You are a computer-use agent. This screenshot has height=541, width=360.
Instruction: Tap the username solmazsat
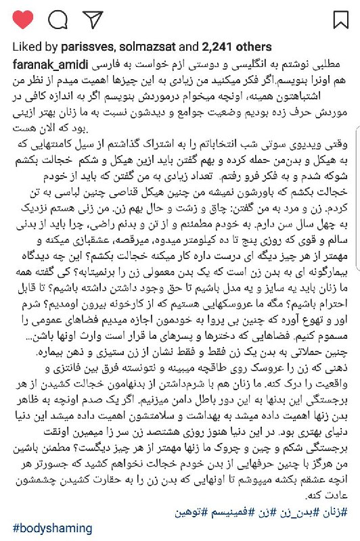tap(146, 47)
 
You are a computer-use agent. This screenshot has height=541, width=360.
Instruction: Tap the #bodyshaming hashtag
tap(52, 528)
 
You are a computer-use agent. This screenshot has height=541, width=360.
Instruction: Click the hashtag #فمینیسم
tap(251, 512)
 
